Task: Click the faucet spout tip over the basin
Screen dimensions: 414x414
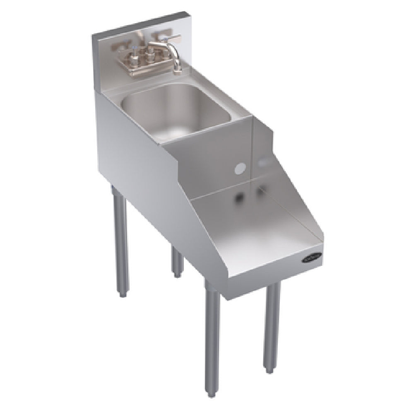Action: [x=177, y=69]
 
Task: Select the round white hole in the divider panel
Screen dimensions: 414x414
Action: [x=239, y=168]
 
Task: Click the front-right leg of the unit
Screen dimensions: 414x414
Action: [x=272, y=323]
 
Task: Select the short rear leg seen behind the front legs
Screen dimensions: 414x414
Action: [x=177, y=261]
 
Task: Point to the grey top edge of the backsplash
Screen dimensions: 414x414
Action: [x=137, y=22]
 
